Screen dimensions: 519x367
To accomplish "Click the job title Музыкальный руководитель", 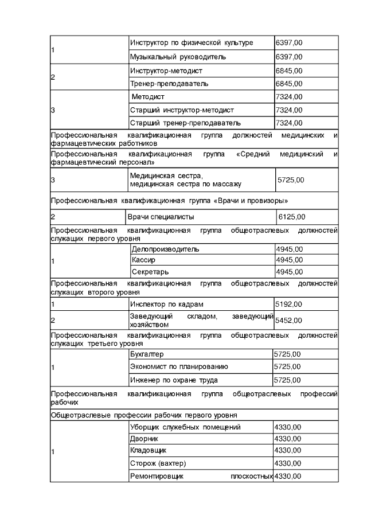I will (x=178, y=57).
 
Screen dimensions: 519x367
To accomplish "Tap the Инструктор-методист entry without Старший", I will (x=166, y=71).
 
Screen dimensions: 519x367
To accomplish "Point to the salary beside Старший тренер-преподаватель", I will (x=289, y=123).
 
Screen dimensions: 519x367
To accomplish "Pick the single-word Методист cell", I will (x=148, y=97).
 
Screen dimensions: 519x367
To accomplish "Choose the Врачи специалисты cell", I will (x=161, y=217).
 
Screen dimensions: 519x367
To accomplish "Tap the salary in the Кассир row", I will (x=289, y=260).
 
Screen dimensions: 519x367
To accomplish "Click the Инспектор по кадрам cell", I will (x=167, y=304).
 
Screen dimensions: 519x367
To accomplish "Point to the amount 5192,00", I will (x=289, y=304).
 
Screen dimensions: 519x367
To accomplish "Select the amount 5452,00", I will (x=290, y=320).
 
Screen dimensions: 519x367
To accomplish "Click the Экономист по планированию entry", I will (x=179, y=366).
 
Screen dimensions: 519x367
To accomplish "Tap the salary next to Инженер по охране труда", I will (x=287, y=380).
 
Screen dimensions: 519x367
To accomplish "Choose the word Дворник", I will (x=144, y=439).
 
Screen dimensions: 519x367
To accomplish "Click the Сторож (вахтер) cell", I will (x=158, y=463).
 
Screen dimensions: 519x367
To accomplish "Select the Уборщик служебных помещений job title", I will (x=185, y=427).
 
